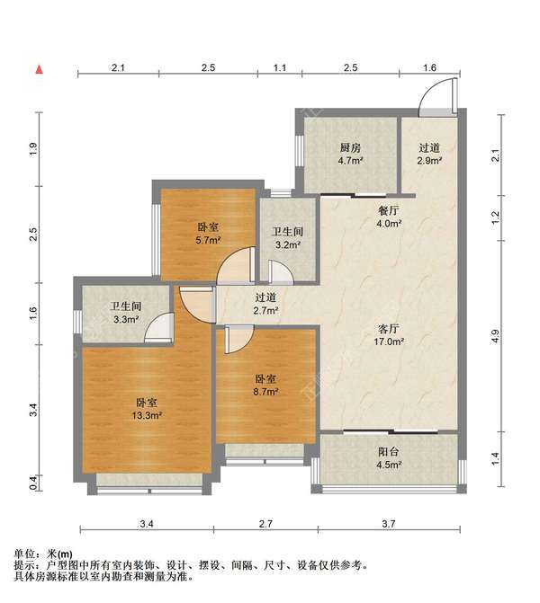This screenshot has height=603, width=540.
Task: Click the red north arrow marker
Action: click(x=40, y=69)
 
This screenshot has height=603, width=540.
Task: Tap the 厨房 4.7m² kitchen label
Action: click(x=350, y=154)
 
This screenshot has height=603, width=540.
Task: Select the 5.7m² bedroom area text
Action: click(x=208, y=241)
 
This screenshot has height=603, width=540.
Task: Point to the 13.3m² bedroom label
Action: click(x=147, y=409)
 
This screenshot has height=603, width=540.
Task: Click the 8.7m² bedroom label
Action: click(x=265, y=386)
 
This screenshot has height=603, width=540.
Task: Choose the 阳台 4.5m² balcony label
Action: click(x=389, y=458)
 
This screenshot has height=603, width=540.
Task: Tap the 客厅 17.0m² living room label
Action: click(x=389, y=335)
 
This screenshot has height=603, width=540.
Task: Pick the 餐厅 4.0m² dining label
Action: click(x=389, y=217)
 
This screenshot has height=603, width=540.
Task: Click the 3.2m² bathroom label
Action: click(x=288, y=238)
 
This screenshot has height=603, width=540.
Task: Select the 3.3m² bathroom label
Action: click(x=126, y=313)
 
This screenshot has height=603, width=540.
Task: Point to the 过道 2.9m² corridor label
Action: click(x=429, y=154)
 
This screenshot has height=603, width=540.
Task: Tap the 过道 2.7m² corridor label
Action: click(x=265, y=304)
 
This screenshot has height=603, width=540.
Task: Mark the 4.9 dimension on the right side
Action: click(x=496, y=336)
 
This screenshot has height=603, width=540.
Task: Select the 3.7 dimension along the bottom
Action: click(x=389, y=523)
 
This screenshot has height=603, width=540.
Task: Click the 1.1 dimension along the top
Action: click(x=280, y=67)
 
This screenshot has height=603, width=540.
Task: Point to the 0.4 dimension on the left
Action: click(x=34, y=483)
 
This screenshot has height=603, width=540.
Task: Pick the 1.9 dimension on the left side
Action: click(x=34, y=149)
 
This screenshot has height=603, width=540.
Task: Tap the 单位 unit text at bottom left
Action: click(x=24, y=554)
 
